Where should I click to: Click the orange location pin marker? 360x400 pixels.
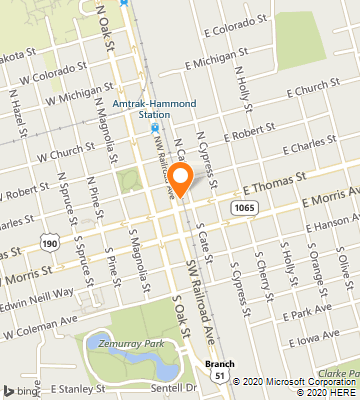pyautogui.click(x=181, y=180)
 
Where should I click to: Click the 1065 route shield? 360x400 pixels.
pyautogui.click(x=243, y=206)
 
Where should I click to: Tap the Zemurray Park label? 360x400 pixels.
pyautogui.click(x=113, y=341)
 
